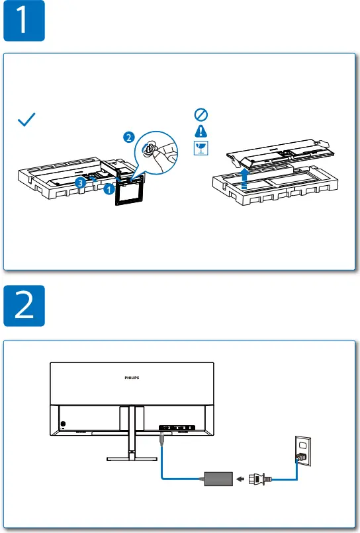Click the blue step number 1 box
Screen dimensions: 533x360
point(23,20)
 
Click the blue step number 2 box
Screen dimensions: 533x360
point(23,306)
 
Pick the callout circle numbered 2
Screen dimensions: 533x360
point(128,137)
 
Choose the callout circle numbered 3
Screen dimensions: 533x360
point(79,181)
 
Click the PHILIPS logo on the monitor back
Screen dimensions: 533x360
point(133,378)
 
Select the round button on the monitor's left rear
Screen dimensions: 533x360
point(62,425)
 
